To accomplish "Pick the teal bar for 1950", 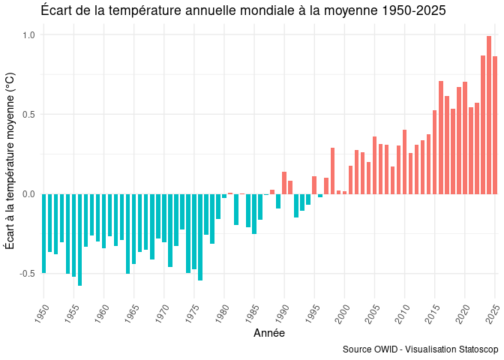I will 43,233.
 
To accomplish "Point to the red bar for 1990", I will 284,183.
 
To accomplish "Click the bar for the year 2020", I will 465,138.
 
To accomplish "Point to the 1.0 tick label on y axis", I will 29,35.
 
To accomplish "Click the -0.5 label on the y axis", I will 28,274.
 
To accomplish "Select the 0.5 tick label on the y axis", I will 29,115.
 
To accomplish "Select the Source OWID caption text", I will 420,350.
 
